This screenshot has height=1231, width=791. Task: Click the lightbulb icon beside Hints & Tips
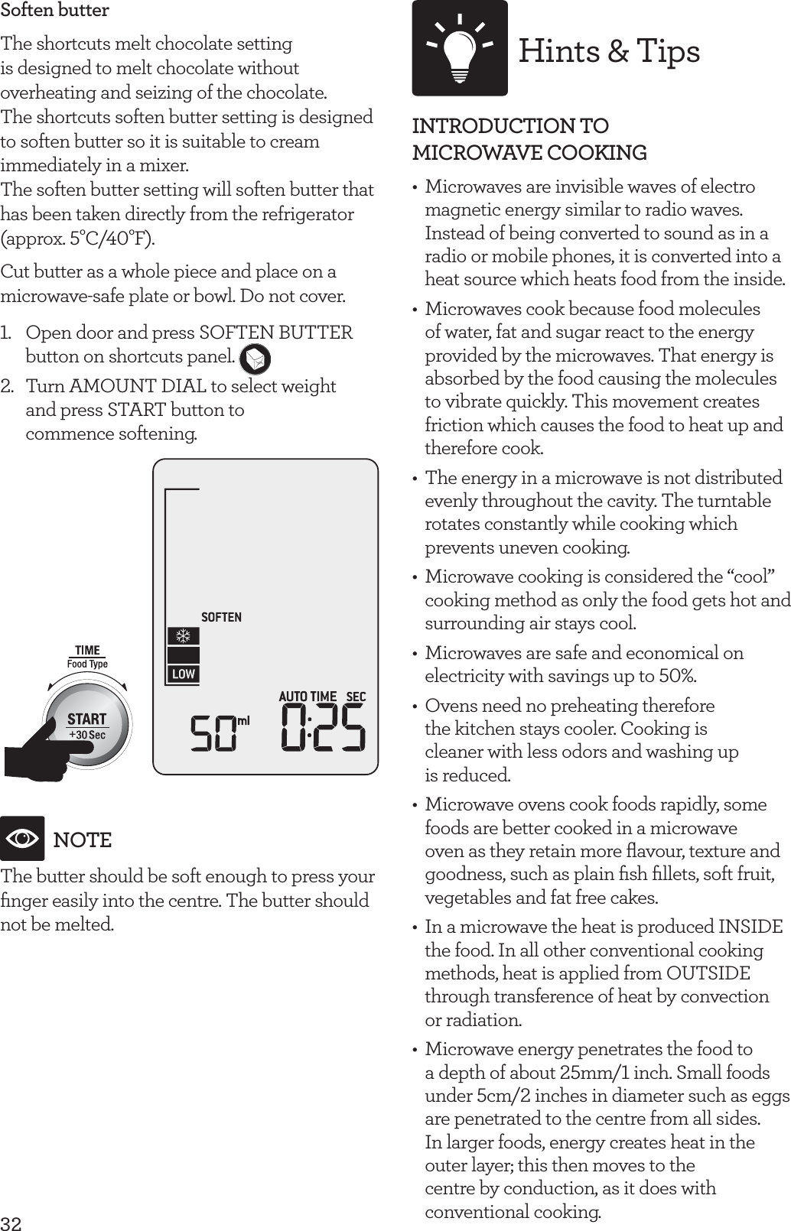click(x=459, y=48)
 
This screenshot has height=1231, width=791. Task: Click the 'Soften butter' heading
click(x=54, y=11)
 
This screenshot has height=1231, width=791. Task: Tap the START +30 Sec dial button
click(x=87, y=724)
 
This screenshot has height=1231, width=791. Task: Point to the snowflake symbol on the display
click(x=184, y=636)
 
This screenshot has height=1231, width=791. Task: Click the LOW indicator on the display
click(x=184, y=674)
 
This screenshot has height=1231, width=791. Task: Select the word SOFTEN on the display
click(x=221, y=617)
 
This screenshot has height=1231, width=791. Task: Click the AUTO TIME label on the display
click(x=308, y=697)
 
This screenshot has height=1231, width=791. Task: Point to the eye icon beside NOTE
click(x=22, y=839)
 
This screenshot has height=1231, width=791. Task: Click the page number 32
click(x=11, y=1223)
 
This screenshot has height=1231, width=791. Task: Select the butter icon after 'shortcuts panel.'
click(x=255, y=358)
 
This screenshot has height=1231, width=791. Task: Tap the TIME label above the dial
click(x=87, y=651)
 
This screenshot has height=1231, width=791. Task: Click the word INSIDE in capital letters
click(x=750, y=927)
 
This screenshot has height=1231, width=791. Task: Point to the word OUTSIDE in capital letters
click(x=708, y=973)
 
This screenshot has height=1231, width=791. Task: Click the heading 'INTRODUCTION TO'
click(x=510, y=126)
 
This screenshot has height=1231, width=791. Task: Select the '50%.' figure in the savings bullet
click(x=677, y=676)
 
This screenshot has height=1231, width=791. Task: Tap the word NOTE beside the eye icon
click(x=83, y=840)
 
